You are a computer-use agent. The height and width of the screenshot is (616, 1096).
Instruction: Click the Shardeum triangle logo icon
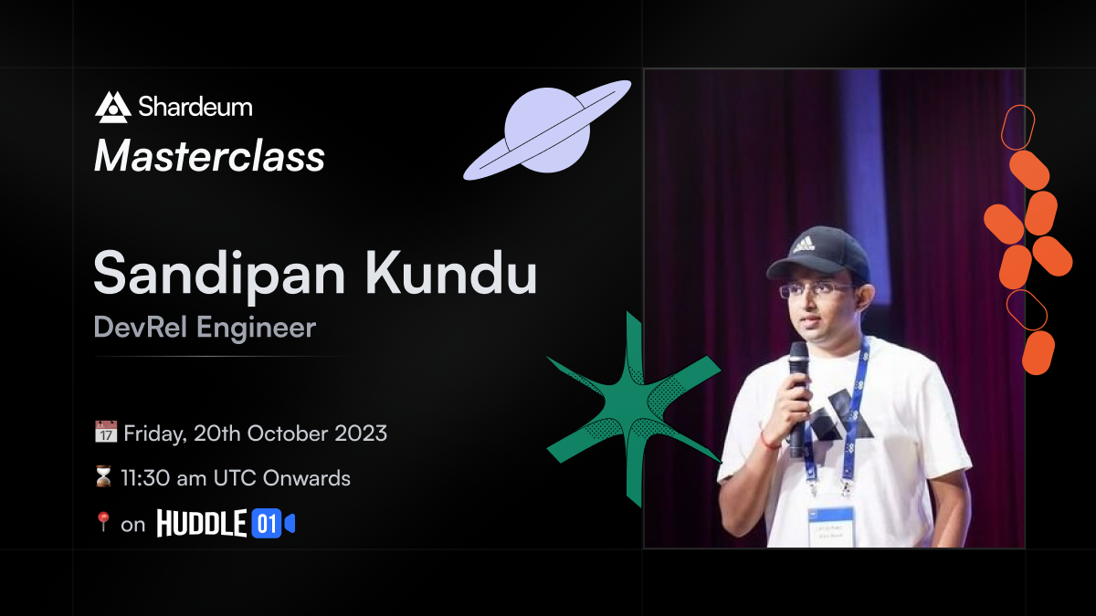click(113, 107)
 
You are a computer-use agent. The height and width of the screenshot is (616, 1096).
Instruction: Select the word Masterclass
click(209, 156)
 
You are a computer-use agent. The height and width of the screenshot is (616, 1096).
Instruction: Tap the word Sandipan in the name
click(219, 275)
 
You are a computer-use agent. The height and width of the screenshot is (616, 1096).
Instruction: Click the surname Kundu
click(451, 272)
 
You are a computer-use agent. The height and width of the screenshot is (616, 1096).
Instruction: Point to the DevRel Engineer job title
click(205, 328)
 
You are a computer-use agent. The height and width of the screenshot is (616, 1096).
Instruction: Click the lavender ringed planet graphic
click(547, 130)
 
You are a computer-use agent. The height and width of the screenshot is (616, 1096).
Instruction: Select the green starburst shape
click(634, 410)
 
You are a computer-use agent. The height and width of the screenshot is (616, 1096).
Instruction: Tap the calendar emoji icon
click(106, 432)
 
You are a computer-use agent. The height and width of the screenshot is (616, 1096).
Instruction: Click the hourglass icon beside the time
click(103, 476)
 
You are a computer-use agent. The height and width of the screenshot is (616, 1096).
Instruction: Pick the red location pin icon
click(102, 522)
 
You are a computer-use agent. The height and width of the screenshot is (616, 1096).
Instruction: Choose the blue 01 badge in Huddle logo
click(267, 524)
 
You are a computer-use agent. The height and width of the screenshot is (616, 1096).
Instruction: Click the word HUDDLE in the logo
click(202, 523)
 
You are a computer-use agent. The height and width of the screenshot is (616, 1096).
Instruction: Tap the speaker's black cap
click(818, 254)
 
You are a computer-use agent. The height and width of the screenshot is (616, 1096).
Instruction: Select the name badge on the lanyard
click(830, 527)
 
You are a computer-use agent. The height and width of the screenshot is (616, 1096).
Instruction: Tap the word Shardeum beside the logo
click(195, 107)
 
